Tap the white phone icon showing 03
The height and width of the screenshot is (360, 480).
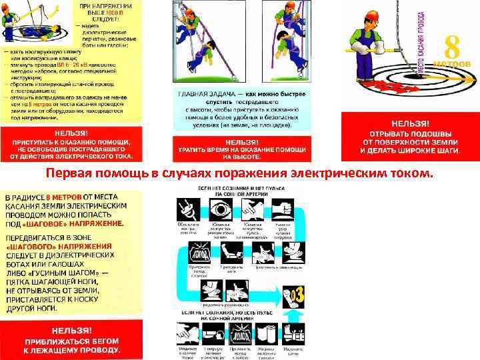click(294, 293)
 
